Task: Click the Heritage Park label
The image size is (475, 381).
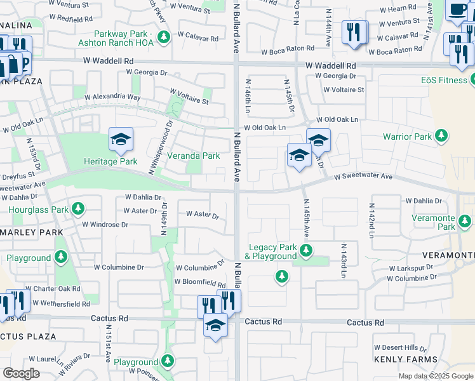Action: pos(110,161)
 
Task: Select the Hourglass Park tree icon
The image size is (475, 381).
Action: pos(77,208)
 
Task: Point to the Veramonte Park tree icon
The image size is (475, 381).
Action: pos(465,221)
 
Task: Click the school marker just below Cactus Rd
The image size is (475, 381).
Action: pos(215,326)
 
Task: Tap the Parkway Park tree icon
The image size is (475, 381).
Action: pos(164,37)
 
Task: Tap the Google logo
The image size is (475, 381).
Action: pos(22,373)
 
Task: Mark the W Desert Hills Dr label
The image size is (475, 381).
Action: pos(400,347)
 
